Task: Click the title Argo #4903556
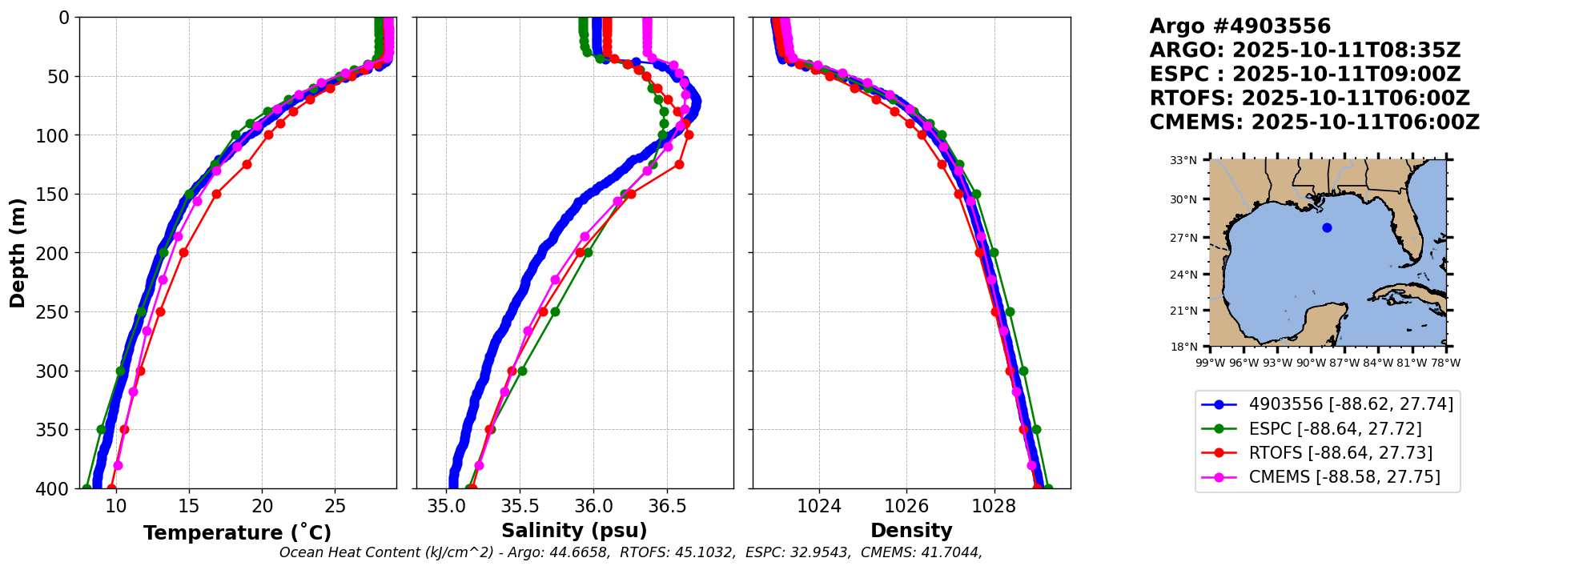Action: (x=1240, y=26)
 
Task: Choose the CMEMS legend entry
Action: (x=1344, y=477)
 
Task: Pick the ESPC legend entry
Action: (x=1335, y=429)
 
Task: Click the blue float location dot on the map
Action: (x=1327, y=228)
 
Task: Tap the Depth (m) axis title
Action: (x=18, y=253)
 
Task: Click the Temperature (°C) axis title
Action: (x=237, y=533)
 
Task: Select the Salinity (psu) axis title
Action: (x=574, y=531)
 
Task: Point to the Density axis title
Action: (x=911, y=531)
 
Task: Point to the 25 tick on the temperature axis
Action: (x=335, y=506)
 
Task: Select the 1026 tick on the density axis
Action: (x=906, y=506)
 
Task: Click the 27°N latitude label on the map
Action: (x=1183, y=238)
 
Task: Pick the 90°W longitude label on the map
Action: (x=1311, y=363)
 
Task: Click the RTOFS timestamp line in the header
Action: (x=1309, y=98)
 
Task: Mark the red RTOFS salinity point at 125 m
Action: (x=679, y=164)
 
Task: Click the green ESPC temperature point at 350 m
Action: (x=101, y=430)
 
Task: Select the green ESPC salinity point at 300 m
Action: (x=522, y=371)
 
